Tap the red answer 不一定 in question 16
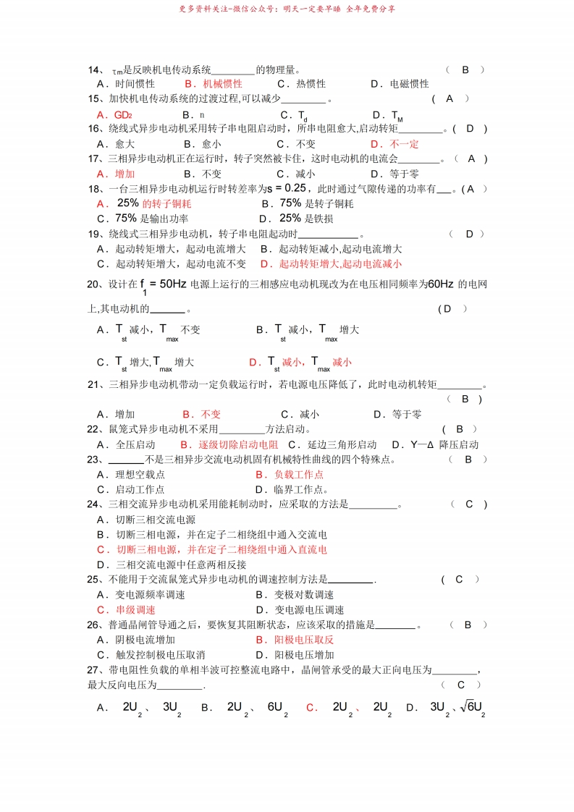tap(404, 144)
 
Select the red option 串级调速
tap(135, 610)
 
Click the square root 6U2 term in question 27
tap(471, 706)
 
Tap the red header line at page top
tap(287, 9)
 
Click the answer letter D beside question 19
tap(469, 234)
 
